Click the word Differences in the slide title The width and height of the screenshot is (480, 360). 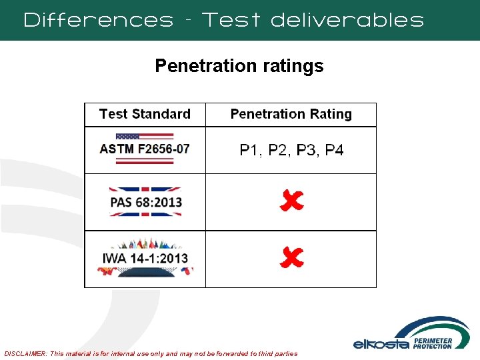tap(98, 20)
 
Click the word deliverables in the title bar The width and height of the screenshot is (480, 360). tap(347, 20)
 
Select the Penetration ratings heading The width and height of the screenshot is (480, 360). tap(239, 66)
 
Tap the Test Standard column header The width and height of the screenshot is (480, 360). tap(145, 114)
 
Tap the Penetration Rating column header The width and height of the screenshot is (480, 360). tap(291, 114)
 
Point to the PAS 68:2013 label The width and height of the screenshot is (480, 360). tap(146, 202)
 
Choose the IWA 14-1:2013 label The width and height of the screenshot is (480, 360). tap(145, 258)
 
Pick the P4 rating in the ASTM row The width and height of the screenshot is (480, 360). tap(334, 151)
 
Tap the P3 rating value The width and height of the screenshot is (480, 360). tap(306, 151)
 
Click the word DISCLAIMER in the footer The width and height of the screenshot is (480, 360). tap(26, 353)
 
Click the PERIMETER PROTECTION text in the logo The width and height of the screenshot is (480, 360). tap(432, 343)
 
